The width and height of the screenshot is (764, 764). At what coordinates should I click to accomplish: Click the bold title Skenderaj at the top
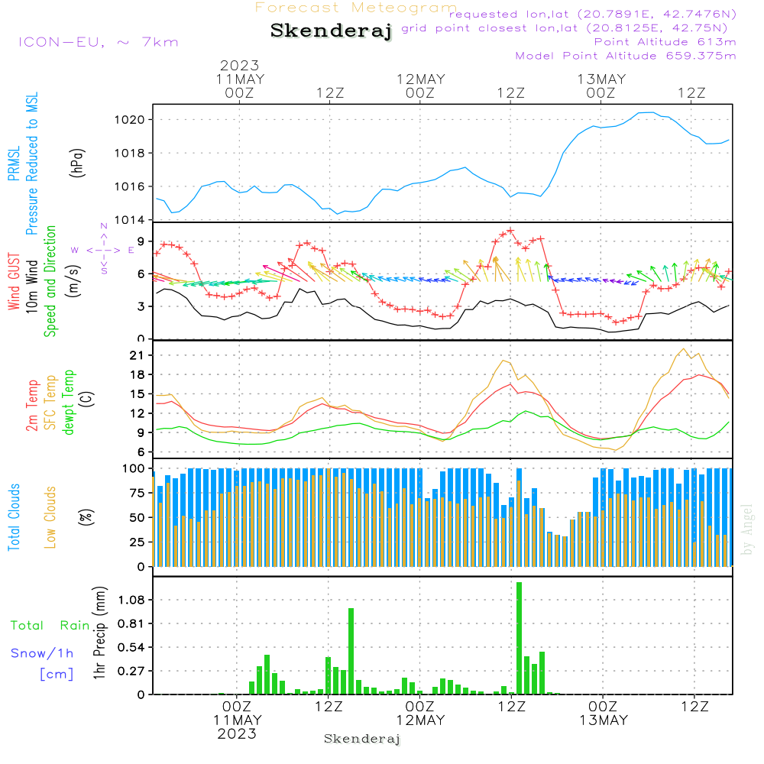tap(331, 31)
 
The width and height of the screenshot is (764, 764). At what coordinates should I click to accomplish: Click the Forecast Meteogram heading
tap(356, 8)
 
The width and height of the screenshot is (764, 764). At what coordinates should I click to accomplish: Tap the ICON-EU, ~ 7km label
tap(97, 41)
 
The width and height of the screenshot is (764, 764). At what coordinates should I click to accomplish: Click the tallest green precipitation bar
tap(519, 638)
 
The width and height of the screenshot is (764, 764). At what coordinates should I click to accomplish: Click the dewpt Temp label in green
tap(69, 403)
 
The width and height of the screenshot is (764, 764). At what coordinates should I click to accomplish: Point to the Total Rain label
tap(50, 625)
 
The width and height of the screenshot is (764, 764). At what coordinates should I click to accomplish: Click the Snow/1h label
tap(43, 653)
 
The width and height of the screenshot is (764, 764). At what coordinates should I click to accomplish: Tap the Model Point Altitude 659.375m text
tap(625, 56)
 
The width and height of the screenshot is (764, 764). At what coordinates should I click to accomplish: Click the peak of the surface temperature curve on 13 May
tap(683, 349)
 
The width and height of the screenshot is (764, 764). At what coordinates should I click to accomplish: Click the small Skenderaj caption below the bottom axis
tap(362, 739)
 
